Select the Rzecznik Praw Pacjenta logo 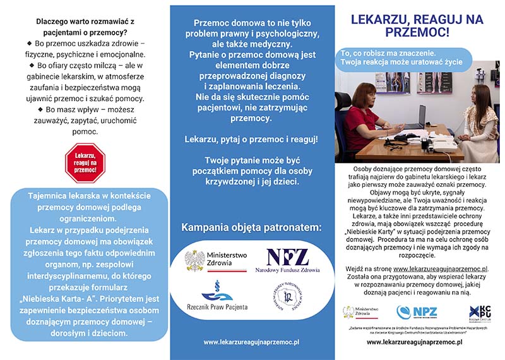216,297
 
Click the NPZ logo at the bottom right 417,312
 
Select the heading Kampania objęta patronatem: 251,227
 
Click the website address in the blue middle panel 251,342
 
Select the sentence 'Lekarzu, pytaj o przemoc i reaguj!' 251,138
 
